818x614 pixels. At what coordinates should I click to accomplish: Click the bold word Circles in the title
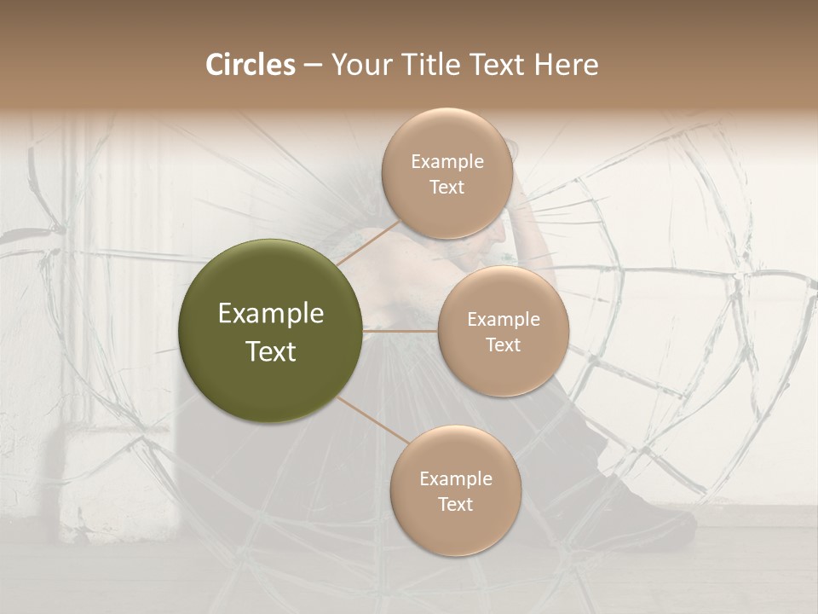(x=250, y=65)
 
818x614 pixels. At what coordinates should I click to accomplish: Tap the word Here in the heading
(x=567, y=65)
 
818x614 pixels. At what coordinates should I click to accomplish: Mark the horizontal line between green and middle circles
(x=400, y=331)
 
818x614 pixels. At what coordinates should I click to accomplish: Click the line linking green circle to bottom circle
(x=372, y=420)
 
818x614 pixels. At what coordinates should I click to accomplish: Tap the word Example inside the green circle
(x=271, y=314)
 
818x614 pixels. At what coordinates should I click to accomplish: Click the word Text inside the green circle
(x=271, y=351)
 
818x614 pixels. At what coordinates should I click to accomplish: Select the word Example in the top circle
(x=447, y=162)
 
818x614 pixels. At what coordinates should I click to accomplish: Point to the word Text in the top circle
(x=446, y=187)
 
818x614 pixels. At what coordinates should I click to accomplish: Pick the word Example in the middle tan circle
(x=504, y=320)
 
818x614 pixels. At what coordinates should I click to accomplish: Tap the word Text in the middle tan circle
(x=503, y=345)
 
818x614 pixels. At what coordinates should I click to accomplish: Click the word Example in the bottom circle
(x=456, y=479)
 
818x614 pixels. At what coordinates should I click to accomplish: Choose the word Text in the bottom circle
(x=455, y=504)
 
